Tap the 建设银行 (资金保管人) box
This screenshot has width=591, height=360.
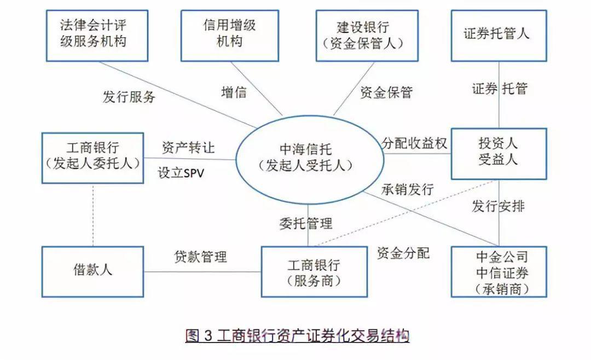(367, 35)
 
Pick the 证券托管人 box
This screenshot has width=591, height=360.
(499, 35)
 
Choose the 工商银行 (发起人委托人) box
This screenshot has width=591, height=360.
(93, 158)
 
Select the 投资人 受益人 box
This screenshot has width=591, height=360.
(499, 154)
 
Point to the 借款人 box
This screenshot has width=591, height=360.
(93, 271)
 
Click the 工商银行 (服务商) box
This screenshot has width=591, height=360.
(314, 272)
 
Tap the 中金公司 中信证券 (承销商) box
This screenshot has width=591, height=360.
(499, 272)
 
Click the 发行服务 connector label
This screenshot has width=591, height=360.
(129, 97)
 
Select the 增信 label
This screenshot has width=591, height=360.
(234, 92)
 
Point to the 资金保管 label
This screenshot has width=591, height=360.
(386, 93)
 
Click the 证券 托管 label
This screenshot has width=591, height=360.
(499, 89)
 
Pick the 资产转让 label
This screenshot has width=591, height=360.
(188, 148)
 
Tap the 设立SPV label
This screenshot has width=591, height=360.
(181, 173)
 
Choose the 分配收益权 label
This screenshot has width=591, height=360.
(415, 143)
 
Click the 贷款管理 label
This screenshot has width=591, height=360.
(201, 257)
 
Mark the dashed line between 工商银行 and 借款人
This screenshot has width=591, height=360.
(93, 214)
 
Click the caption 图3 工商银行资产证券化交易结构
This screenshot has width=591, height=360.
(297, 335)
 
